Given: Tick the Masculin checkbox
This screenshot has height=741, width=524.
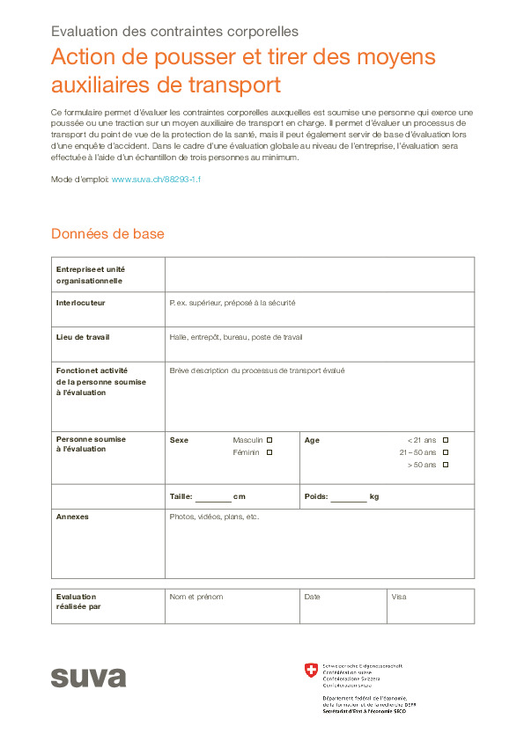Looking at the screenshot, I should pos(269,440).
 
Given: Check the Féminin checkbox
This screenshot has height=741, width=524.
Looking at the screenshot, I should pos(269,452).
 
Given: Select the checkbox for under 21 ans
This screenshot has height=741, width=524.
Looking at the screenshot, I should pos(446,440).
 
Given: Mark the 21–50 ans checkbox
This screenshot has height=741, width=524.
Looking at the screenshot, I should pos(446,452).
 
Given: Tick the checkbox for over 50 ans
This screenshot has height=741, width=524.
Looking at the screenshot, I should pos(446,465).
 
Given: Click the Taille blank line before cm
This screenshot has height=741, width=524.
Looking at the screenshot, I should pos(213,497).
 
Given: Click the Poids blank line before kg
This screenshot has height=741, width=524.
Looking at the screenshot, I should pos(349,497).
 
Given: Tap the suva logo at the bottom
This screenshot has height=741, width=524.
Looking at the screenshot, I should pos(88,677).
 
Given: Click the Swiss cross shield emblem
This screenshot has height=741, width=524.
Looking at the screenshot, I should pos(310,671).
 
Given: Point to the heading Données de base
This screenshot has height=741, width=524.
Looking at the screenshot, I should pos(107,234).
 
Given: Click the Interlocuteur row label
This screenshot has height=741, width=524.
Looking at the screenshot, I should pos(81,303).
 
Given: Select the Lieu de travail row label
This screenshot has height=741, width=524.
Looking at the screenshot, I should pos(83,337).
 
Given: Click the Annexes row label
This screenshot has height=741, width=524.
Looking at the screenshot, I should pos(72,517).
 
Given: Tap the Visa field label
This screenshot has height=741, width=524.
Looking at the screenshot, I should pos(399,597).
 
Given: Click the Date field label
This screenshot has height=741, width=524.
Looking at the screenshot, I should pos(312,597).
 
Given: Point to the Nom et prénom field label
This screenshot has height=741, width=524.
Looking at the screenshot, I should pos(196,597).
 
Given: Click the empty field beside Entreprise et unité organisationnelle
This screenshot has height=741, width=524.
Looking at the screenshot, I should pos(319,274).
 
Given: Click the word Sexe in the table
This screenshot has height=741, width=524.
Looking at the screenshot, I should pos(179,440).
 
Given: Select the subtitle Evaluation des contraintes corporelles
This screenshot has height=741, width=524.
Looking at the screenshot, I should pos(174,33).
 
